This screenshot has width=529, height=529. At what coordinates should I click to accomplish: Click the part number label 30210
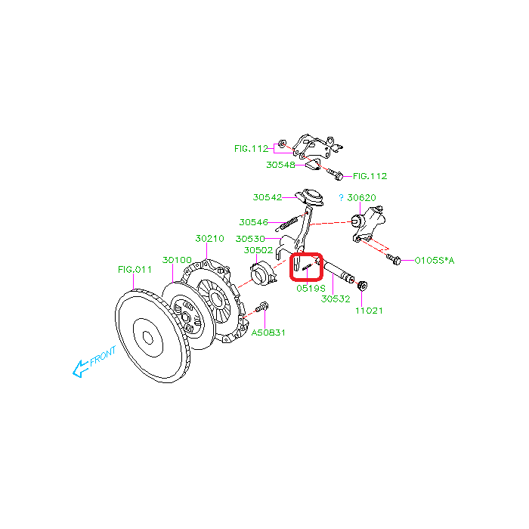(x=209, y=239)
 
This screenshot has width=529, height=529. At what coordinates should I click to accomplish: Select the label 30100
(x=177, y=260)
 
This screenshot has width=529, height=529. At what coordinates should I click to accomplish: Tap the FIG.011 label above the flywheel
(x=135, y=270)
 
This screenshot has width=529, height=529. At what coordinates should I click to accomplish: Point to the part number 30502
(x=258, y=250)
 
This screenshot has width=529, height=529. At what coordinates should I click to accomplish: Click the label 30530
(x=250, y=239)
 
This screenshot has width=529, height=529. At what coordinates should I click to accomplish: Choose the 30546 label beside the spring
(x=253, y=222)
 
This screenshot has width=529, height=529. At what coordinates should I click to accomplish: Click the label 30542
(x=268, y=197)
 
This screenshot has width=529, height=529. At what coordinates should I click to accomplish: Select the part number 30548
(x=280, y=165)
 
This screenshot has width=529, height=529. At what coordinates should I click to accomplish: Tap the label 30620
(x=361, y=198)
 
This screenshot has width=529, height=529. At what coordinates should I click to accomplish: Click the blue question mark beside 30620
(x=341, y=198)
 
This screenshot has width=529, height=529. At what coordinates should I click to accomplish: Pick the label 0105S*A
(x=435, y=261)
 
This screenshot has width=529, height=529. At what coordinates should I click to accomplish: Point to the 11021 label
(x=369, y=311)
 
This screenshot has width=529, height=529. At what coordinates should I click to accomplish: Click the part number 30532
(x=336, y=299)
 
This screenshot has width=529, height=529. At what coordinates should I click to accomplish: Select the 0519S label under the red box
(x=311, y=289)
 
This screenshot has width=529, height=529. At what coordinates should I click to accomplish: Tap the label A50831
(x=268, y=333)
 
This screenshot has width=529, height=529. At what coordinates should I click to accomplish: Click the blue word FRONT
(x=103, y=356)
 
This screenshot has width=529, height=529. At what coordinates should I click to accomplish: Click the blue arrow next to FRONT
(x=80, y=369)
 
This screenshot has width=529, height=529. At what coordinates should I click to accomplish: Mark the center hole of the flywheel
(x=148, y=338)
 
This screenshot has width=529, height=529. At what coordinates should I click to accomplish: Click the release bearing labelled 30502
(x=263, y=274)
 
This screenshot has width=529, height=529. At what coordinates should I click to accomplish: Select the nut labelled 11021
(x=362, y=286)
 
